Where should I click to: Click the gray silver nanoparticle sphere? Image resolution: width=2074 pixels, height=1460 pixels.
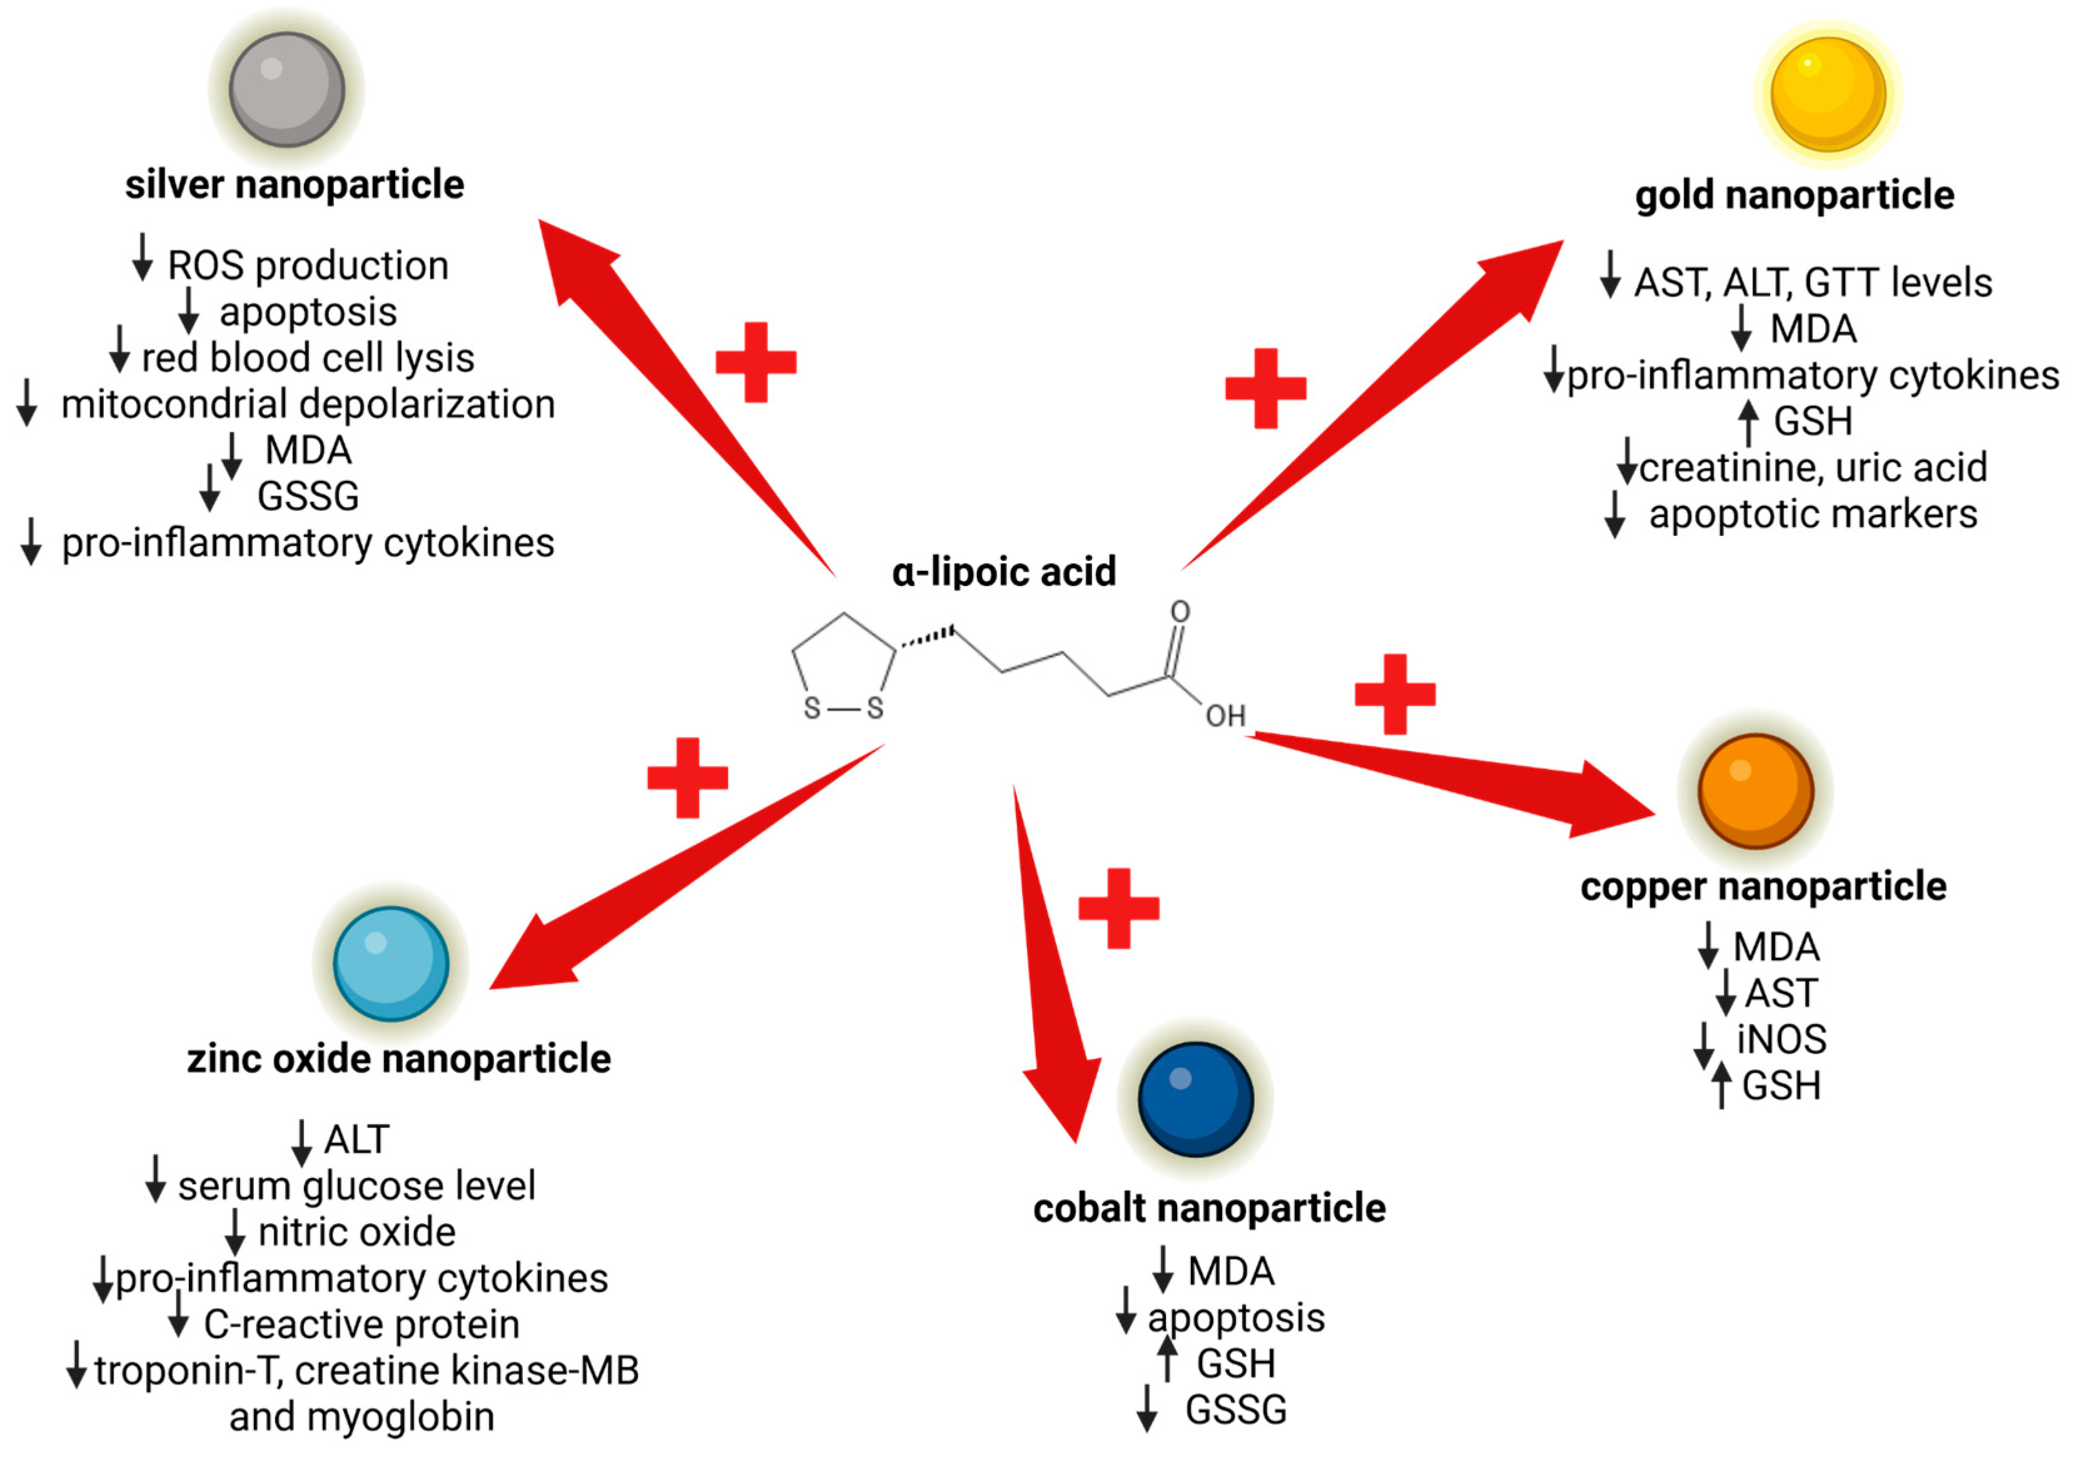coord(286,89)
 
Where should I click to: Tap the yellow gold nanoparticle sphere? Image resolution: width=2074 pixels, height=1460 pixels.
coord(1828,94)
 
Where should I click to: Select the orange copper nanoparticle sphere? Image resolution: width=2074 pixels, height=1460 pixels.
coord(1755,791)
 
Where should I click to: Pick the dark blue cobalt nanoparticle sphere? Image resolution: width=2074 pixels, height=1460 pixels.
coord(1195,1099)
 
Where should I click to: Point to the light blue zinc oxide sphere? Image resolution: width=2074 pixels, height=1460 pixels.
coord(390,964)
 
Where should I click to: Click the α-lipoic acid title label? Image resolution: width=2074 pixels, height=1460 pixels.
coord(1004,571)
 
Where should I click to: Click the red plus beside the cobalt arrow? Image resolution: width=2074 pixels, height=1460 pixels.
coord(1118,909)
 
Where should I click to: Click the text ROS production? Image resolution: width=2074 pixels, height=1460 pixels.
coord(308,266)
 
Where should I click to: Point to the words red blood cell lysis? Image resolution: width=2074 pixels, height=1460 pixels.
coord(308,358)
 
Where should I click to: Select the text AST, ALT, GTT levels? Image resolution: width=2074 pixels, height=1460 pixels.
coord(1813,283)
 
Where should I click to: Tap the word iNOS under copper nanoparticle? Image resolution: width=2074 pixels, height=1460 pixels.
coord(1781,1039)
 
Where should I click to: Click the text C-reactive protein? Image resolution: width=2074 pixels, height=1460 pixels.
coord(362,1324)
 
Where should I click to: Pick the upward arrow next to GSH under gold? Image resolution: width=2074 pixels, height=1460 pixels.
coord(1748,421)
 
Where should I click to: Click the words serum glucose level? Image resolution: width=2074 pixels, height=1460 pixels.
coord(356,1186)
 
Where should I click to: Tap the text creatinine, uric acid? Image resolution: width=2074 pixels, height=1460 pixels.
coord(1813,468)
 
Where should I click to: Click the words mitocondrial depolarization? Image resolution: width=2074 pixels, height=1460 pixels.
coord(308,403)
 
